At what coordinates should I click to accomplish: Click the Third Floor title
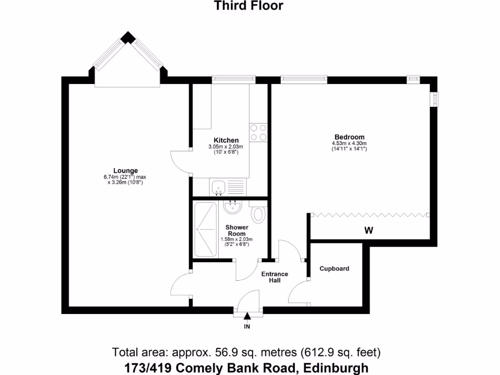249,6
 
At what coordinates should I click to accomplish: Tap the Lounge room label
122,170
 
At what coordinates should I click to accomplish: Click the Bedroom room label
349,137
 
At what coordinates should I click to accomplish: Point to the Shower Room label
237,230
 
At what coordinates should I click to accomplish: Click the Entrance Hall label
274,277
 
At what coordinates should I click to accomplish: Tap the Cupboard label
334,269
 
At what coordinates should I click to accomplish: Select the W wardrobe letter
369,231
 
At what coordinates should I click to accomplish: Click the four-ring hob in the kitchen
258,132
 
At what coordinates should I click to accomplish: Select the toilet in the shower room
259,213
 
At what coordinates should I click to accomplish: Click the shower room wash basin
233,207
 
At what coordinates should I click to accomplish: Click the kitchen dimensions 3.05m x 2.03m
225,146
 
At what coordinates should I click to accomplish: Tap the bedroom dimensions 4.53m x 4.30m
349,143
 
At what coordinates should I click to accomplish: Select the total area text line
247,352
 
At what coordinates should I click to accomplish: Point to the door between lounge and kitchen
181,161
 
